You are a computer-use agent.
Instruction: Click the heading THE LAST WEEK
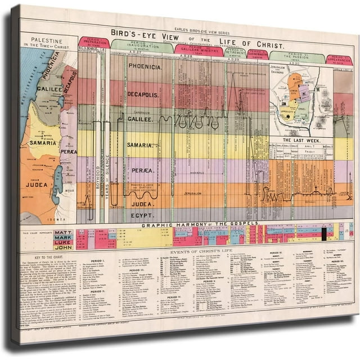pyautogui.click(x=301, y=139)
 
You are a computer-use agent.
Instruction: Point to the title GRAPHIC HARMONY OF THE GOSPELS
pyautogui.click(x=200, y=224)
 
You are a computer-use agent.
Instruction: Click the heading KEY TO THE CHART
pyautogui.click(x=44, y=255)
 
